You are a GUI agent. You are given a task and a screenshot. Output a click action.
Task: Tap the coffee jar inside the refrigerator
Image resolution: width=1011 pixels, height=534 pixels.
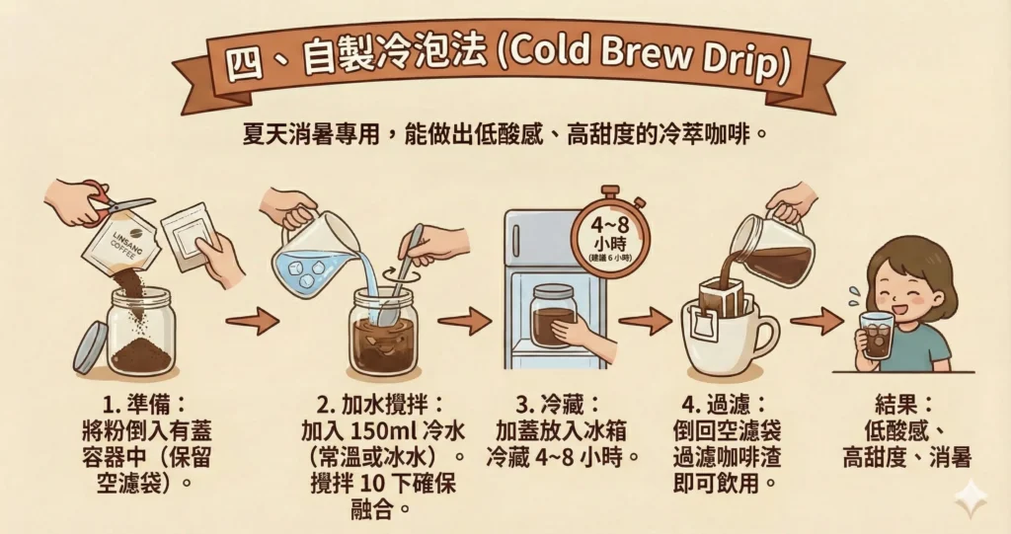(x=553, y=316)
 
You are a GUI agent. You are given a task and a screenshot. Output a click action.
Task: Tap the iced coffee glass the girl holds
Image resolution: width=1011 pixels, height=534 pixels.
(x=876, y=336)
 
